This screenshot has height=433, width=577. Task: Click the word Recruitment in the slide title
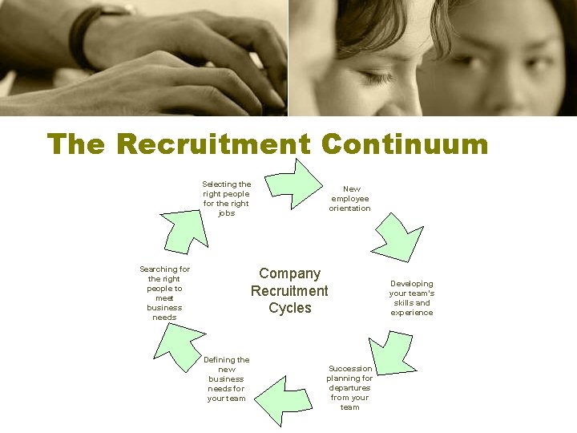point(213,144)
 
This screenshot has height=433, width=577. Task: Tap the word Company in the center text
point(289,273)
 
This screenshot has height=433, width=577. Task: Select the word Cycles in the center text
point(290,308)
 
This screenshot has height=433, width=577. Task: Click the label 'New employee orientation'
point(350,199)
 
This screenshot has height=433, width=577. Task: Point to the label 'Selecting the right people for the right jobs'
point(226,198)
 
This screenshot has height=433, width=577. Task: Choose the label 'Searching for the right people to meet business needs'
point(164,293)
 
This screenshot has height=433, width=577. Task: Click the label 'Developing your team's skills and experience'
point(412,297)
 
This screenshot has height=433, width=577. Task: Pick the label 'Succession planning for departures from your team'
point(350,388)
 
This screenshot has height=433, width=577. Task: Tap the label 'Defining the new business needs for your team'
point(227,378)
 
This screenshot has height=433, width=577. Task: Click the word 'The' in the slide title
point(76,144)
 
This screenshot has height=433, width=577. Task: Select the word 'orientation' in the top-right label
point(350,208)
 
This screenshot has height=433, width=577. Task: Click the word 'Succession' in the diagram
point(350,369)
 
